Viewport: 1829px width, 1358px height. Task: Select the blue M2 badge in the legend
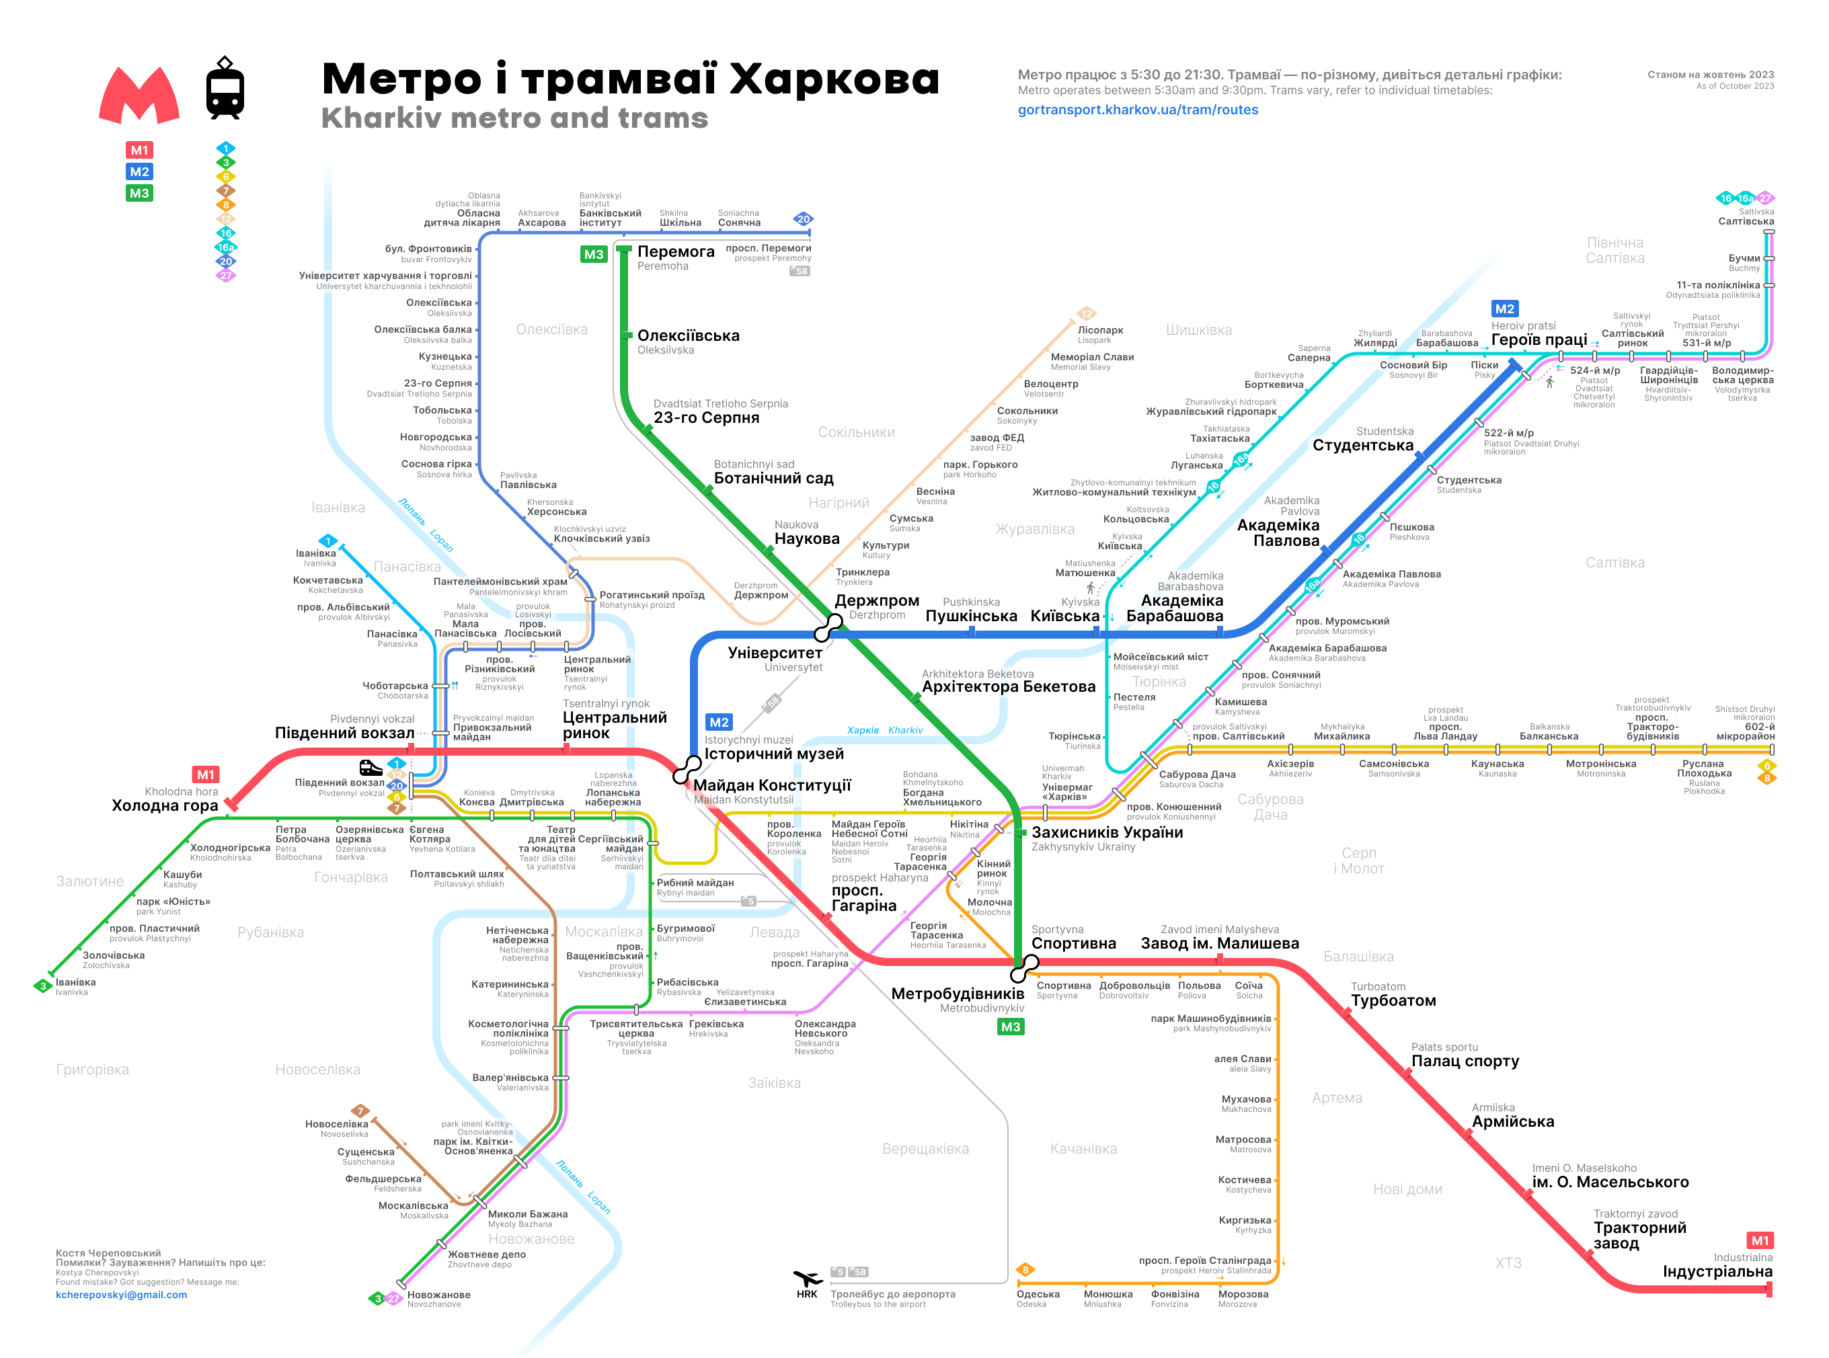[139, 172]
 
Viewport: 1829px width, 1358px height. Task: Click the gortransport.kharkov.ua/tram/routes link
[1137, 110]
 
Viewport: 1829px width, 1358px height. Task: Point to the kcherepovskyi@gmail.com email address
[121, 1295]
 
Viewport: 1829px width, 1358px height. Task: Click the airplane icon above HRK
[806, 1278]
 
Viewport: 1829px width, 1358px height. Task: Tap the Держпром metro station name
[876, 601]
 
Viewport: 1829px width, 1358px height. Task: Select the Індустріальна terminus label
[1717, 1272]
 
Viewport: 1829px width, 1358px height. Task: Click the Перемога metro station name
[676, 251]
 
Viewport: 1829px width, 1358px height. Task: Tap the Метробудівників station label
[957, 994]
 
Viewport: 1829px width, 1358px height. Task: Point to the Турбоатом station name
[1393, 1000]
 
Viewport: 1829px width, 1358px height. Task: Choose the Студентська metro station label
[1362, 446]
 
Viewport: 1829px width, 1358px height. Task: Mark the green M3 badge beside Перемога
[594, 254]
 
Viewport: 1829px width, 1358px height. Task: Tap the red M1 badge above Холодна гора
[204, 774]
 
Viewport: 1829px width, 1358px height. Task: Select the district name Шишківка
[1198, 331]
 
